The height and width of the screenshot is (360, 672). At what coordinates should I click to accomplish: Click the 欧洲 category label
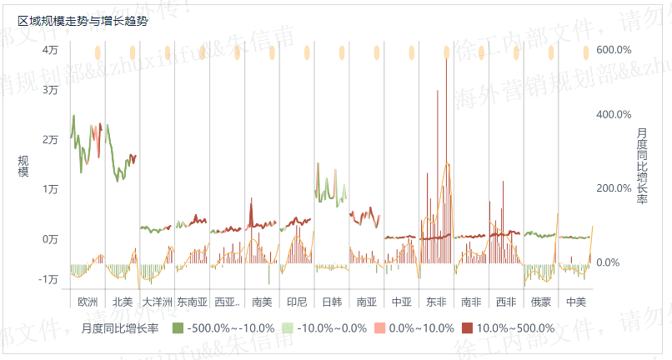pyautogui.click(x=87, y=301)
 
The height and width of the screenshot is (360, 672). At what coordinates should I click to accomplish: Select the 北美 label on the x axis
pyautogui.click(x=122, y=301)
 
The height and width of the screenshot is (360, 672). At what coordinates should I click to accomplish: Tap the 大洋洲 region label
pyautogui.click(x=157, y=301)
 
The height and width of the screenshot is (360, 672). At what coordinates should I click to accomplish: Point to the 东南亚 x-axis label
pyautogui.click(x=192, y=301)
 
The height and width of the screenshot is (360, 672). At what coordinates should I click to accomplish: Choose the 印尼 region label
pyautogui.click(x=296, y=301)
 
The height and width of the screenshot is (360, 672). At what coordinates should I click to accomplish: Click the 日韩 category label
pyautogui.click(x=331, y=301)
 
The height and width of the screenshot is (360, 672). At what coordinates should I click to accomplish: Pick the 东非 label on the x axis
pyautogui.click(x=435, y=301)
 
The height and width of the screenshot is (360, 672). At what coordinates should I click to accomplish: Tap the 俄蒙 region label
pyautogui.click(x=540, y=301)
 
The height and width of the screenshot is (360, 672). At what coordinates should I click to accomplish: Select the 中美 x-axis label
pyautogui.click(x=575, y=301)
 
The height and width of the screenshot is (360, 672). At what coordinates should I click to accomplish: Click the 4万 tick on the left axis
pyautogui.click(x=51, y=50)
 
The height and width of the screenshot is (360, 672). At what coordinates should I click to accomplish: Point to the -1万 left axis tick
pyautogui.click(x=48, y=279)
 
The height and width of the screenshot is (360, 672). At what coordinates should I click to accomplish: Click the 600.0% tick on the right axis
pyautogui.click(x=614, y=50)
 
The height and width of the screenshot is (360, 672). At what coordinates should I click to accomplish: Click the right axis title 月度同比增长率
pyautogui.click(x=641, y=166)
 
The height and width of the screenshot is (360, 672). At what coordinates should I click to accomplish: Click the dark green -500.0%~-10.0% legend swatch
pyautogui.click(x=178, y=328)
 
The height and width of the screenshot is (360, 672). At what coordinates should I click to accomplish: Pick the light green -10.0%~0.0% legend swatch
pyautogui.click(x=288, y=328)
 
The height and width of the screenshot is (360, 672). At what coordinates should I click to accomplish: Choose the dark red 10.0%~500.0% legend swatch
pyautogui.click(x=467, y=328)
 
